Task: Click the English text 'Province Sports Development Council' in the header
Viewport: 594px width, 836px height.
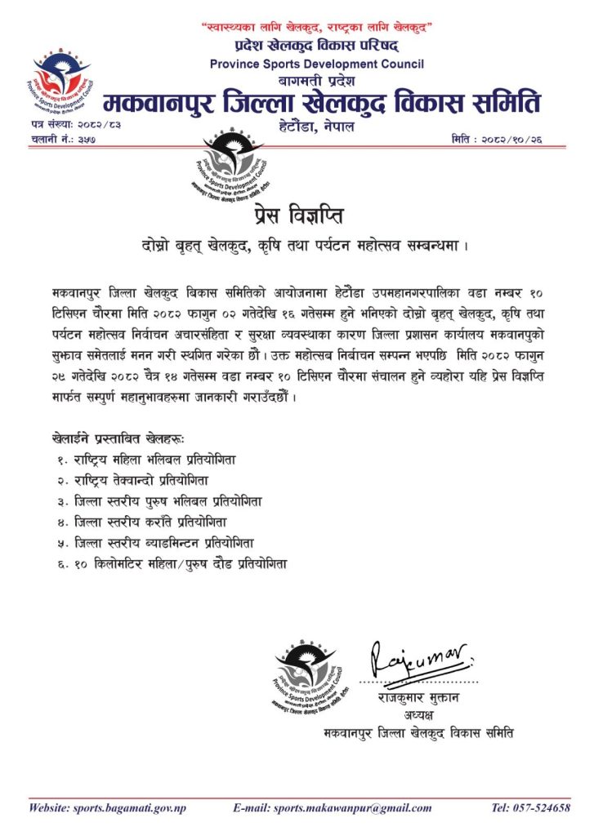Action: point(317,64)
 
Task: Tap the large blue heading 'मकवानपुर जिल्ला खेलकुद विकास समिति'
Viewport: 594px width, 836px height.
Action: point(322,104)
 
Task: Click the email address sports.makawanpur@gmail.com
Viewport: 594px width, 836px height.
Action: point(332,808)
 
